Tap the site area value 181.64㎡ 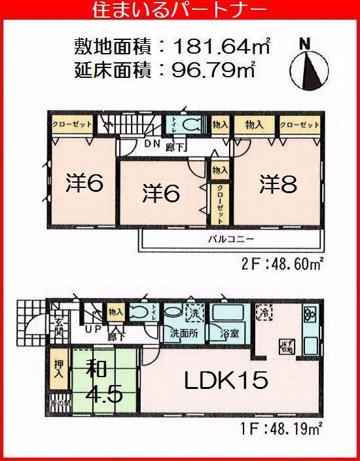tap(223, 47)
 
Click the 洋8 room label tap(278, 184)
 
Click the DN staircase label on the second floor tap(134, 145)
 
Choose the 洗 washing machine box tap(195, 314)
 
